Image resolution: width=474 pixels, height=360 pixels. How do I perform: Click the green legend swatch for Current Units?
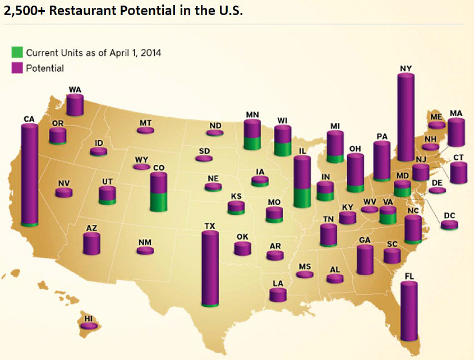click(x=17, y=53)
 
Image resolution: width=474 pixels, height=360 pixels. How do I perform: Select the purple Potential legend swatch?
click(x=17, y=68)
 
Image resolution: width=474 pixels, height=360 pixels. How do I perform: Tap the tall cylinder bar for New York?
click(x=406, y=118)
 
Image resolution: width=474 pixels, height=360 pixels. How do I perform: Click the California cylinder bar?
click(x=29, y=174)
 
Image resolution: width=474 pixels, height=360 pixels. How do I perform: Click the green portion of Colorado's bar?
click(x=159, y=201)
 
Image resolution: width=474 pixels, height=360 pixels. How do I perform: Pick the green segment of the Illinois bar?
click(x=302, y=197)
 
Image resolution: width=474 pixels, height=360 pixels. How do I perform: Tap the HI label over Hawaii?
click(x=88, y=319)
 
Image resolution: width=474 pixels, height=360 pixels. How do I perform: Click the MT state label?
click(x=145, y=123)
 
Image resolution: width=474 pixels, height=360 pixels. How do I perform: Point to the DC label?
click(x=449, y=215)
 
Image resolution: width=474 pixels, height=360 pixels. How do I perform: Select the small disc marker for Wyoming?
click(x=141, y=167)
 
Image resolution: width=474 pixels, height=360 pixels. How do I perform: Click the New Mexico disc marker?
click(x=145, y=250)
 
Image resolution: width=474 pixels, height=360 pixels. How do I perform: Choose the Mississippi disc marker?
click(x=305, y=274)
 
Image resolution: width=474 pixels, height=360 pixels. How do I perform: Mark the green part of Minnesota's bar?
click(x=252, y=142)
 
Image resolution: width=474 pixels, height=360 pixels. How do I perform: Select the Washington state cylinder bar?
click(x=75, y=105)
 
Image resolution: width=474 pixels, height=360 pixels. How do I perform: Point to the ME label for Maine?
click(x=436, y=117)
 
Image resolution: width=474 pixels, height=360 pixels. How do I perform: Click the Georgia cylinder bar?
click(x=365, y=259)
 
